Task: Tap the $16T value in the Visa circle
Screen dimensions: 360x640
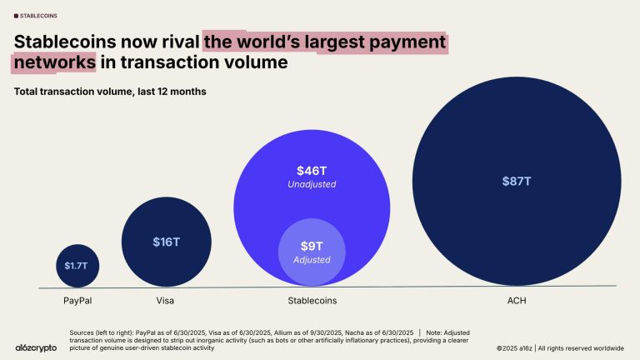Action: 166,242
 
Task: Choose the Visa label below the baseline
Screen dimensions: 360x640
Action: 165,299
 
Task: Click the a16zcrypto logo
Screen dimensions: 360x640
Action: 36,347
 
